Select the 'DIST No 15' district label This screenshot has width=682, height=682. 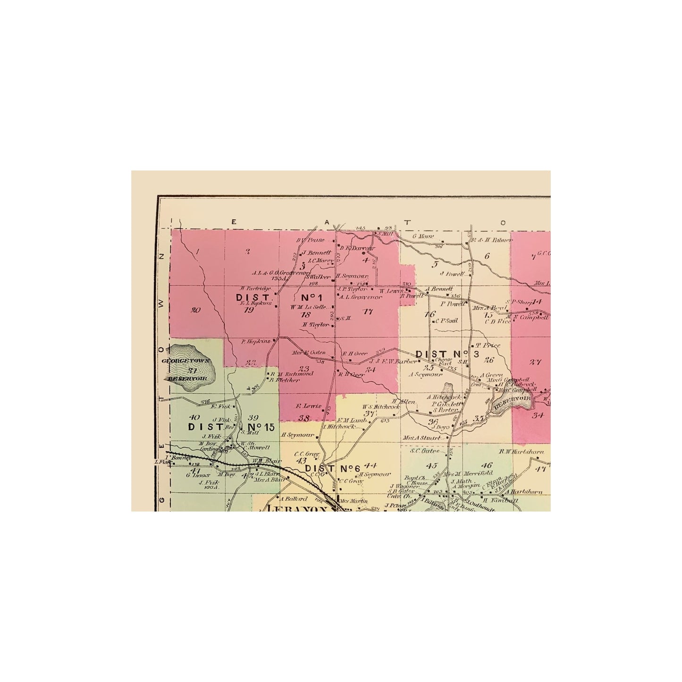coord(231,427)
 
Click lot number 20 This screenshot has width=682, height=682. coord(196,310)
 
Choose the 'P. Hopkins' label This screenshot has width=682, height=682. coord(255,341)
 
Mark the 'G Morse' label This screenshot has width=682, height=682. coord(423,236)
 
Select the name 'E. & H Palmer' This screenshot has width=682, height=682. coord(492,240)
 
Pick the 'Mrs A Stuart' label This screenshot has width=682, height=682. coord(421,438)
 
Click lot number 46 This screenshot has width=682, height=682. coord(487,465)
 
